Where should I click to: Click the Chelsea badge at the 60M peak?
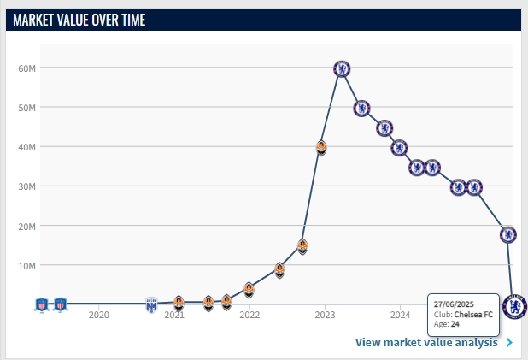[x=342, y=68]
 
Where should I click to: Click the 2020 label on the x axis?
[x=99, y=316]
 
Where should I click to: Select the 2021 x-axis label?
[x=174, y=316]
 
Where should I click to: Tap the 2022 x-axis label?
[x=249, y=316]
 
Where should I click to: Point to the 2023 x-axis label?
[x=325, y=316]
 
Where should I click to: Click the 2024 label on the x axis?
[x=400, y=316]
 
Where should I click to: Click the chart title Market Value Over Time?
[x=79, y=20]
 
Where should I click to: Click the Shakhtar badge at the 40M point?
[x=321, y=147]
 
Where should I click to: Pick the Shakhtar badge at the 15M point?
[x=302, y=246]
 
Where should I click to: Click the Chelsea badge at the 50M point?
[x=361, y=108]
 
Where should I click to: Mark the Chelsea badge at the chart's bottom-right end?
[x=514, y=305]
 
